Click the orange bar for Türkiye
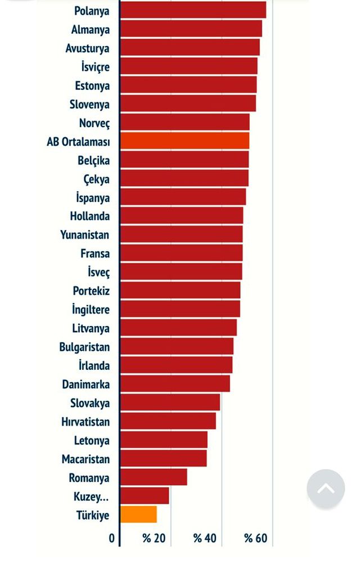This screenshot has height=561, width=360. click(x=138, y=514)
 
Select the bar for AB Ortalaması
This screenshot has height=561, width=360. click(x=184, y=141)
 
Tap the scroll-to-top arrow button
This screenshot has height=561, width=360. click(x=326, y=488)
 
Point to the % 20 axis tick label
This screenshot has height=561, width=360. click(x=154, y=539)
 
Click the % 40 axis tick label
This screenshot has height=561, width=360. click(x=205, y=539)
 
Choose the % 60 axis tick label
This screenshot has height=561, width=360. click(x=255, y=539)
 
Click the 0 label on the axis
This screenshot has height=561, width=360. click(x=111, y=539)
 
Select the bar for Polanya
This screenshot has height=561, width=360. click(x=193, y=10)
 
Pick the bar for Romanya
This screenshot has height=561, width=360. click(x=154, y=477)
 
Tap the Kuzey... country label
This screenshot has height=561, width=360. click(x=91, y=496)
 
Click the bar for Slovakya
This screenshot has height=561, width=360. click(x=170, y=402)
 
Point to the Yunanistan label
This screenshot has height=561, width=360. click(x=85, y=235)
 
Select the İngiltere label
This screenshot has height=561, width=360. click(x=91, y=310)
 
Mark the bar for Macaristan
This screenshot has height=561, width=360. click(x=163, y=459)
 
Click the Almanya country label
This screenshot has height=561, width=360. click(x=91, y=30)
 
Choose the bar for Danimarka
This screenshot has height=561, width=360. click(x=175, y=384)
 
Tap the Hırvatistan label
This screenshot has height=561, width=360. click(x=85, y=422)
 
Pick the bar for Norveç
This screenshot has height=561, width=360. click(x=184, y=123)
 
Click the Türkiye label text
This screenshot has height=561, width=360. click(x=93, y=515)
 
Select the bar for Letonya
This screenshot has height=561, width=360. click(x=164, y=440)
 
